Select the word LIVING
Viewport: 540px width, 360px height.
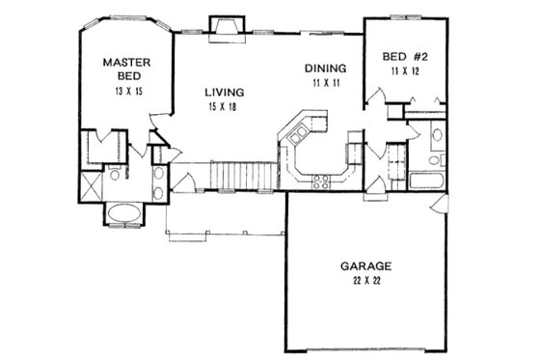click(224, 92)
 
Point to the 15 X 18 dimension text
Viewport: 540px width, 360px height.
click(224, 108)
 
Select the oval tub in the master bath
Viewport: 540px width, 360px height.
click(122, 213)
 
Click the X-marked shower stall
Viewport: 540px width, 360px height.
click(90, 181)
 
